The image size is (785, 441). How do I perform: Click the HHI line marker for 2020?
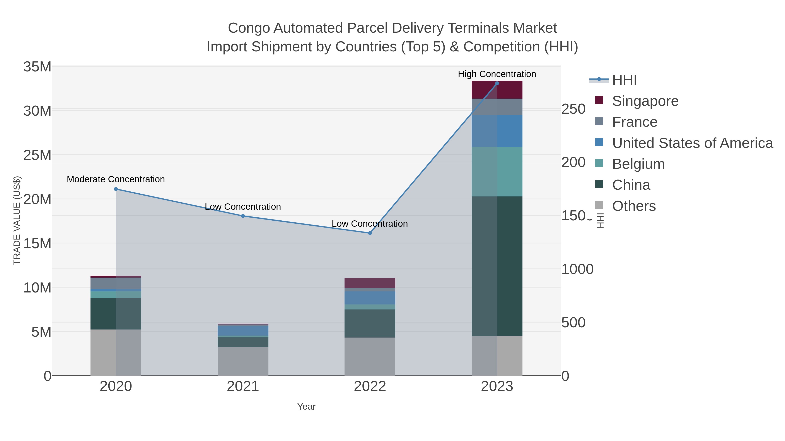point(116,189)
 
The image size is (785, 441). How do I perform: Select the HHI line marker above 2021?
point(243,216)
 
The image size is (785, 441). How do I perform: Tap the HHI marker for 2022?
point(370,233)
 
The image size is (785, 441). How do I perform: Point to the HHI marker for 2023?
point(497,83)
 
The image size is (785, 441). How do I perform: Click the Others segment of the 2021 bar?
point(243,361)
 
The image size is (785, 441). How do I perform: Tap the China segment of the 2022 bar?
point(370,324)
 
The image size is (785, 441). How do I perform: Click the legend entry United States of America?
point(692,143)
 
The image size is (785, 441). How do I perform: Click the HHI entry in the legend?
point(624,80)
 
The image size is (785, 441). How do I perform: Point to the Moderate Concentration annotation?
point(116,179)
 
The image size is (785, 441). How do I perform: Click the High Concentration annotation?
point(497,74)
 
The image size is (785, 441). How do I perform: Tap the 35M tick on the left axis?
point(37,67)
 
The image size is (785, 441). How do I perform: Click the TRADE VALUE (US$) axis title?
point(17,220)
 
